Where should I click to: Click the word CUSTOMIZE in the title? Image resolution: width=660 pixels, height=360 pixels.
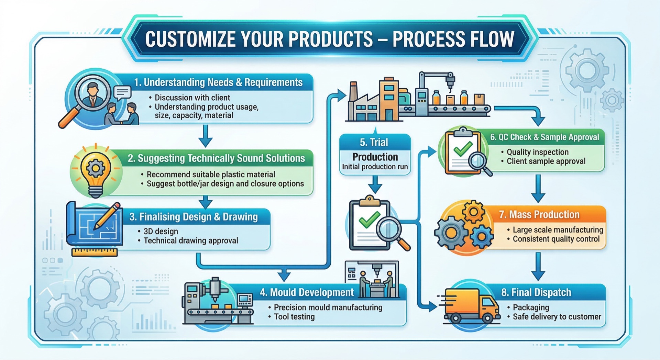point(190,39)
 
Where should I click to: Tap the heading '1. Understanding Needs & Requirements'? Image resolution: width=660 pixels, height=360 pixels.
point(218,82)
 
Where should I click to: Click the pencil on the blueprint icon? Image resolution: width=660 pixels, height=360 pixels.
point(107,215)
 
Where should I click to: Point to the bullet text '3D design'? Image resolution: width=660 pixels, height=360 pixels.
point(161,231)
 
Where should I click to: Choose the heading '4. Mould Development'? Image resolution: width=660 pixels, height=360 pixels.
point(307,292)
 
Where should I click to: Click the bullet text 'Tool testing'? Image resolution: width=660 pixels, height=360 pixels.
point(294,317)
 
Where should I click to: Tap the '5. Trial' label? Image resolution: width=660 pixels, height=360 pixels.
point(374,142)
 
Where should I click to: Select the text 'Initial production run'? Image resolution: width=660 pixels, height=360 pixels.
point(375,167)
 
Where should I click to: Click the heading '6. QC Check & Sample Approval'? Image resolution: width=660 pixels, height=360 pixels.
point(544,137)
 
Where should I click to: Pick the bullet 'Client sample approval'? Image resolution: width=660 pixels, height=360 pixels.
point(546,161)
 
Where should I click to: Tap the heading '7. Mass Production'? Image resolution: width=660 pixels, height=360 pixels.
point(539,215)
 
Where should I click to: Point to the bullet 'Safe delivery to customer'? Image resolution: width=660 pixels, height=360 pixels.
point(557,317)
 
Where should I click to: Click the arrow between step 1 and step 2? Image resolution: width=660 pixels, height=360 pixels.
point(206,136)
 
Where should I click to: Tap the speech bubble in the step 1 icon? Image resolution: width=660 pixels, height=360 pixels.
point(123,92)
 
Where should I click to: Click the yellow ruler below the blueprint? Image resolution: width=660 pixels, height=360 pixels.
point(95,253)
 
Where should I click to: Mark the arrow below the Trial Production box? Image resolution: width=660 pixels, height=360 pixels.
point(375,184)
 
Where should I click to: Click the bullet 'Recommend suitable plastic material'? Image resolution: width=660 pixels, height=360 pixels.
point(211,175)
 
